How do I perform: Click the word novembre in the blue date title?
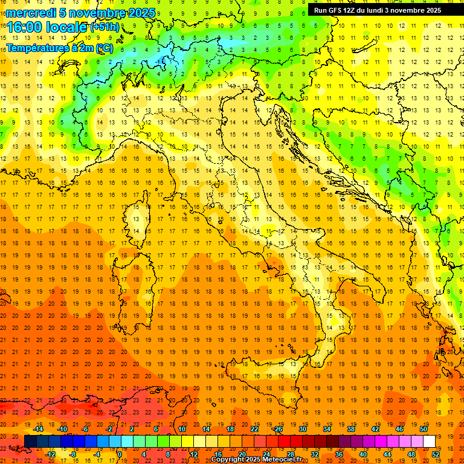[96, 13]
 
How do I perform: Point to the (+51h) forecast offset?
[105, 27]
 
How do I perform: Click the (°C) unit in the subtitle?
[104, 47]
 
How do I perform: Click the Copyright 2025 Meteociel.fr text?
[256, 460]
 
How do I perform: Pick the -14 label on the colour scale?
[38, 429]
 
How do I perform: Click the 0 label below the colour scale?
[120, 454]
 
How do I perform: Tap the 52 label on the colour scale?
[435, 454]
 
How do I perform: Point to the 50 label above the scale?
[424, 429]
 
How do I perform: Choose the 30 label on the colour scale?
[302, 429]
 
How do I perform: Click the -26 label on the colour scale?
[277, 429]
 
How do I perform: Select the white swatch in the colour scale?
[429, 441]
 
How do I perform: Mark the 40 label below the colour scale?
[362, 454]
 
